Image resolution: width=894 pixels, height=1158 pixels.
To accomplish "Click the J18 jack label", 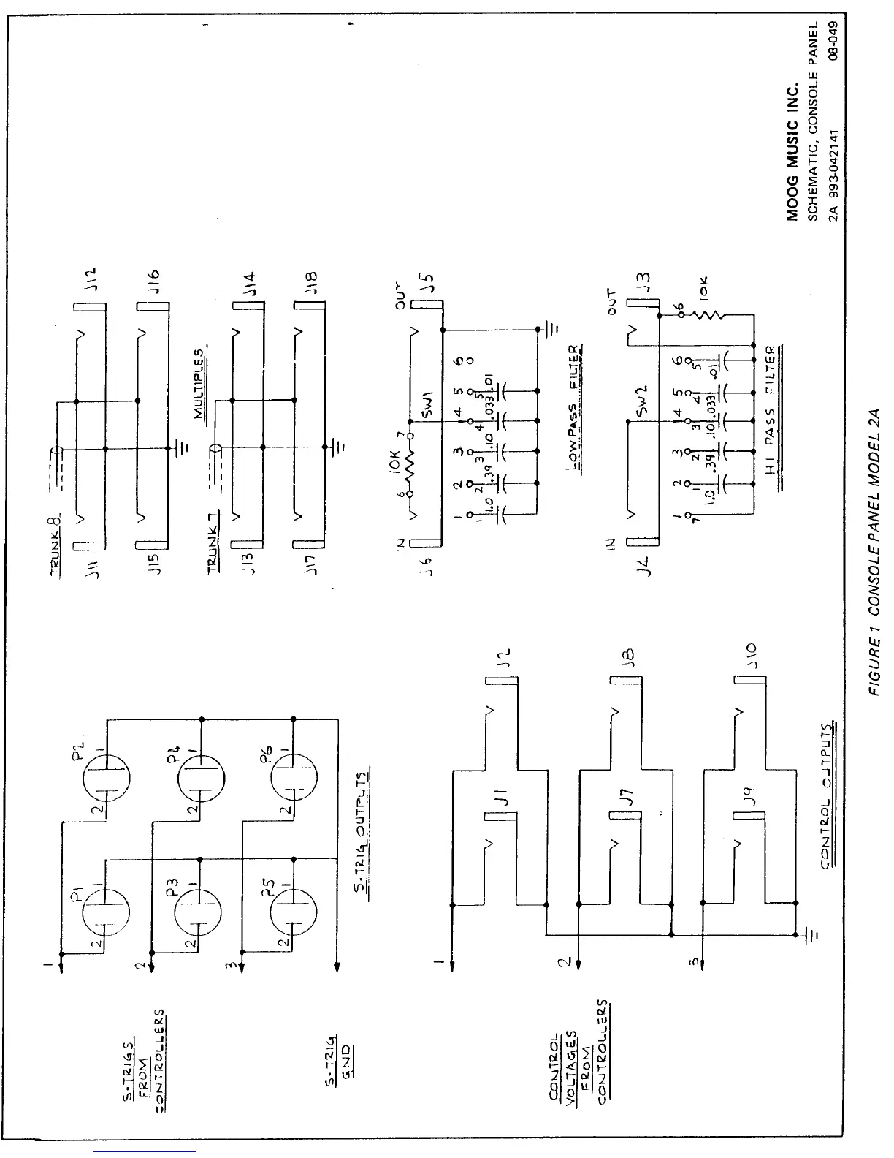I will click(x=310, y=281).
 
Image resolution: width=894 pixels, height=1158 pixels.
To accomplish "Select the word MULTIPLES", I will click(x=198, y=382).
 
